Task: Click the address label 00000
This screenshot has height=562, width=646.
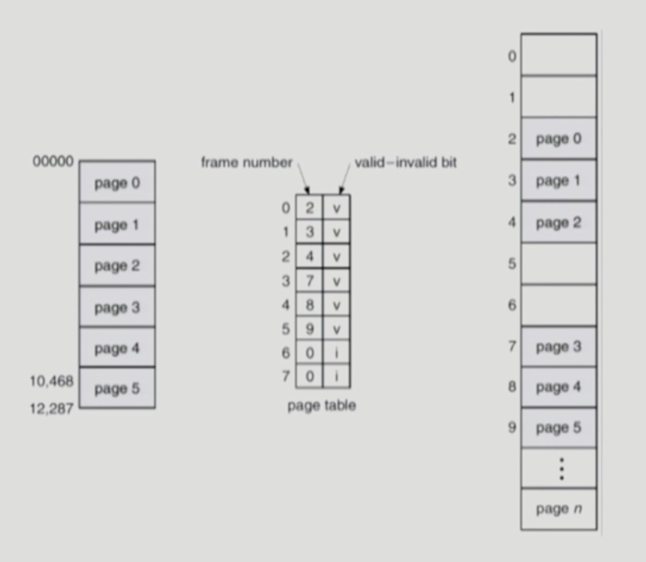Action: [x=53, y=161]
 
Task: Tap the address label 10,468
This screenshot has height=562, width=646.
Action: [x=51, y=381]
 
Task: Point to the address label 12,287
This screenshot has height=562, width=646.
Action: [x=51, y=408]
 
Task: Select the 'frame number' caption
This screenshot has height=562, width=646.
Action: [x=246, y=162]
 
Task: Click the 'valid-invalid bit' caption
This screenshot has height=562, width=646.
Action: [x=405, y=162]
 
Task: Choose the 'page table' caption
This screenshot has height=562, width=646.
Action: [x=321, y=405]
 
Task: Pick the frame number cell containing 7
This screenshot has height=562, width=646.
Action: [x=309, y=280]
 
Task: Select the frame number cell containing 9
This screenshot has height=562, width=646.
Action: [x=309, y=329]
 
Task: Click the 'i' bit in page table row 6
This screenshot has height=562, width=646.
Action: [x=336, y=353]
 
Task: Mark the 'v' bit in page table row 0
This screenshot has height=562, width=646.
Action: [x=336, y=208]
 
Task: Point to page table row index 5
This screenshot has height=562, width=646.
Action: [x=285, y=329]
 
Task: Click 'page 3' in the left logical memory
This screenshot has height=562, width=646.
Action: [x=117, y=307]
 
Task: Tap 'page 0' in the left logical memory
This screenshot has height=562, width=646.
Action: [x=117, y=183]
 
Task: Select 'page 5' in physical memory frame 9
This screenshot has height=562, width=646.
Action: [x=558, y=427]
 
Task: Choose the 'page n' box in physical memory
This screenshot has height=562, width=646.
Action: [x=558, y=509]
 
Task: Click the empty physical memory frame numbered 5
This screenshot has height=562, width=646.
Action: [x=558, y=264]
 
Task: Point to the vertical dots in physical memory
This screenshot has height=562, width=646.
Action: [x=561, y=469]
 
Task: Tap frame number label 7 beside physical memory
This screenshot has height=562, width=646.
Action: [x=512, y=346]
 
